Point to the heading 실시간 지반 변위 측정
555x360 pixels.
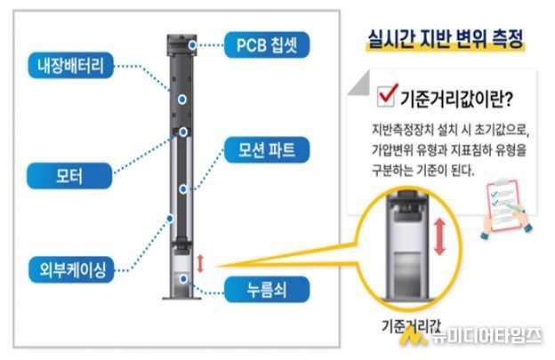(x=444, y=40)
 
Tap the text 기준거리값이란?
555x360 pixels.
(x=454, y=96)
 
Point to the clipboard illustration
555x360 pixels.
(x=503, y=202)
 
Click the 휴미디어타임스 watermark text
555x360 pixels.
(x=486, y=336)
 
